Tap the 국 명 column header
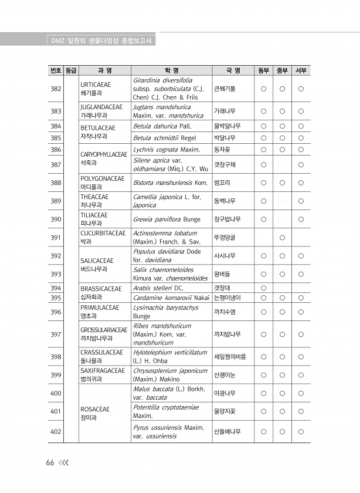coord(233,71)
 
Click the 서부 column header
coord(301,71)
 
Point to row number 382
coord(56,89)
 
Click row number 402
coord(56,432)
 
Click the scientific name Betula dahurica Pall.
coord(162,126)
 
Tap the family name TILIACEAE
coord(94,215)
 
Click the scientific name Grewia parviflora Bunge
coord(167,220)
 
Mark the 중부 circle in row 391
coord(282,237)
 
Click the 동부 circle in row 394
coord(264,288)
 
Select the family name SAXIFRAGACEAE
coord(103,371)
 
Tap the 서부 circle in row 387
coord(301,165)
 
